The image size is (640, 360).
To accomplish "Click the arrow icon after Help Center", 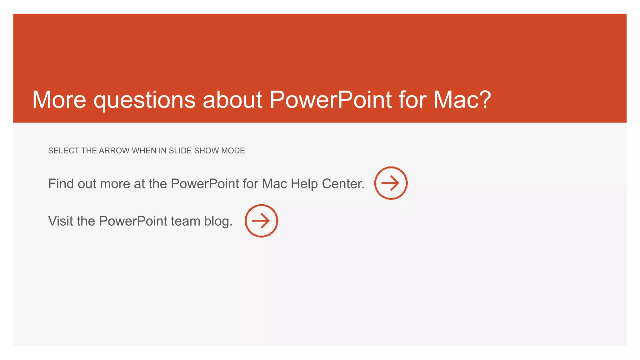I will tap(391, 183).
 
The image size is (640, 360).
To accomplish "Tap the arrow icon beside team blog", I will tap(261, 221).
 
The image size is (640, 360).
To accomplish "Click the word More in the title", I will tap(59, 100).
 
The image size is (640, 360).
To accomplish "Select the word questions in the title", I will tap(144, 100).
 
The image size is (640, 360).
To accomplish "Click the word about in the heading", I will tap(232, 100).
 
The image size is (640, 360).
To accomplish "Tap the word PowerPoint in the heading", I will tap(330, 100).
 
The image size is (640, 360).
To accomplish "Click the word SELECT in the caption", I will tap(63, 151).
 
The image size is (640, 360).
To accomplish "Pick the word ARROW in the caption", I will tap(114, 151).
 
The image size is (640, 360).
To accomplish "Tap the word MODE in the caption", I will tap(233, 151).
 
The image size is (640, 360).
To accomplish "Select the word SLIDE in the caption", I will tap(180, 151).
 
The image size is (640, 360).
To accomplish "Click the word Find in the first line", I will tap(61, 184).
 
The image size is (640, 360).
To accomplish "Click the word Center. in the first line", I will tap(343, 184).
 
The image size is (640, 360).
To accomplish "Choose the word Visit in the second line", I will tap(61, 221).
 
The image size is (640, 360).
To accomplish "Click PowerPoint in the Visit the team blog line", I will tap(133, 221).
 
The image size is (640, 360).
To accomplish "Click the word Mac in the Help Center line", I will tap(274, 184).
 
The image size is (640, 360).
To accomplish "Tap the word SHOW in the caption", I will tap(207, 151).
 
